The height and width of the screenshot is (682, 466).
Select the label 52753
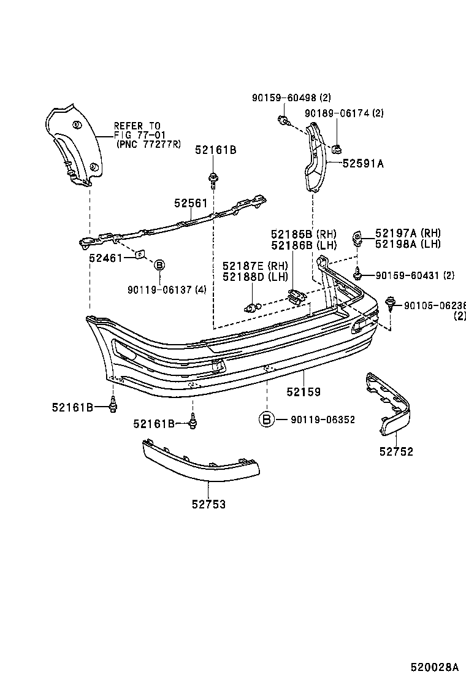point(208,504)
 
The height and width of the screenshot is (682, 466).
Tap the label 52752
point(396,452)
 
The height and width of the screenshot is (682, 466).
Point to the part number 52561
point(190,204)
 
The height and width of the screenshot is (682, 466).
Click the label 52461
point(105,258)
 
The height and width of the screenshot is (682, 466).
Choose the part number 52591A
point(363,163)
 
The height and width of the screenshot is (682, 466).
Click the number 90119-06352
point(323,420)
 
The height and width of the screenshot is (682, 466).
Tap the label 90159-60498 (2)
point(291,98)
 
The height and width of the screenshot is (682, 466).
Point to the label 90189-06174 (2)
point(344,113)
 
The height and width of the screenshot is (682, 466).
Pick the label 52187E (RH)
point(255,266)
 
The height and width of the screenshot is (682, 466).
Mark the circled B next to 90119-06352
point(266,420)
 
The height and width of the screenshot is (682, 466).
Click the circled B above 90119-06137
point(158,265)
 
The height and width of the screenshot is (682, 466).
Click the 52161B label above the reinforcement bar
point(216,149)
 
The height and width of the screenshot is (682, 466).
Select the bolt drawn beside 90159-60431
point(357,274)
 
